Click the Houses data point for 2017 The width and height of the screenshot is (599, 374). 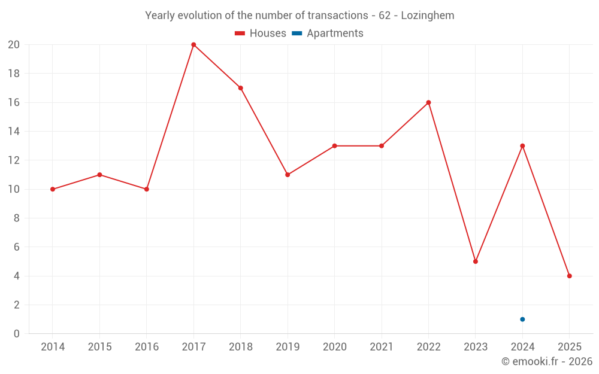tap(193, 45)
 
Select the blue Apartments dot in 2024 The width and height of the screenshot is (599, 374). tap(522, 320)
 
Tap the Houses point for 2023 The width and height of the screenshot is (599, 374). tap(476, 262)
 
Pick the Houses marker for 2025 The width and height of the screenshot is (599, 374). tap(569, 276)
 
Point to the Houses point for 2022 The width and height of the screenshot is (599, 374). tap(428, 102)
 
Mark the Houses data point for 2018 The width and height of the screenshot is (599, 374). tap(240, 88)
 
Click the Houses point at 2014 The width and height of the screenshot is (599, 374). tap(53, 189)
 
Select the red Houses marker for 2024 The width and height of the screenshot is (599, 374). tap(522, 146)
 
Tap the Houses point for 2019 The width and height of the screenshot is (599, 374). tap(288, 175)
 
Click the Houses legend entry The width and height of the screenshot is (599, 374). tap(261, 34)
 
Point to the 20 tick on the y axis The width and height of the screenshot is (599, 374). tap(14, 45)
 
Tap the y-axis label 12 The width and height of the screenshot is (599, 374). tap(14, 160)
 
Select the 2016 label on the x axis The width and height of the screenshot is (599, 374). tap(147, 347)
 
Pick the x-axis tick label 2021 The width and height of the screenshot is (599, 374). tap(382, 347)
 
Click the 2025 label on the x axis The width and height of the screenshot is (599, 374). tap(569, 347)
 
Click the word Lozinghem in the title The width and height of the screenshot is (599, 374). tap(427, 16)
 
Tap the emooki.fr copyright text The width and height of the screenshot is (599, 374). tap(547, 361)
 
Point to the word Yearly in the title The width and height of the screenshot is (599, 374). tap(160, 16)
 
